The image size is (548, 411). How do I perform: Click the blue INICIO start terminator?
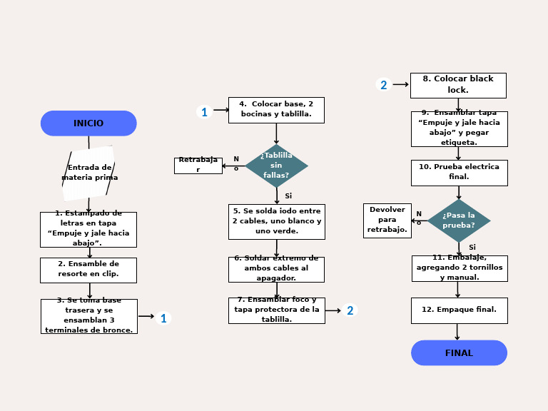click(x=88, y=123)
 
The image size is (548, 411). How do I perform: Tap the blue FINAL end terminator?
click(x=459, y=352)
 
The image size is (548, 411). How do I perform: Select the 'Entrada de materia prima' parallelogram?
click(x=88, y=173)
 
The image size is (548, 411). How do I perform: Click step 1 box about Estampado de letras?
click(x=88, y=229)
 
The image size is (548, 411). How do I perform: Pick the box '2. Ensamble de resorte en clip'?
click(x=88, y=270)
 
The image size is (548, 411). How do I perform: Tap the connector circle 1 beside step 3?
click(x=163, y=318)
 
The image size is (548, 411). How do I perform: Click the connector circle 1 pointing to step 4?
click(x=204, y=112)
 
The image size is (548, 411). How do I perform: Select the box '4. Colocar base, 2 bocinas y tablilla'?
click(x=276, y=110)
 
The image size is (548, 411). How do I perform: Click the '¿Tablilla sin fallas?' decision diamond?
click(x=276, y=166)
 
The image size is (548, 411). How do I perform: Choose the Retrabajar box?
click(x=198, y=166)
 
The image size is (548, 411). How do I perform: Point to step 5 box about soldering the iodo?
click(x=277, y=221)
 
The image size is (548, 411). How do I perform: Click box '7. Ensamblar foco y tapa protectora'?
click(x=276, y=310)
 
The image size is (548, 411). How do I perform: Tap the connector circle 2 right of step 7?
click(x=350, y=310)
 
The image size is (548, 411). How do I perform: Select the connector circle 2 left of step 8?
click(x=384, y=85)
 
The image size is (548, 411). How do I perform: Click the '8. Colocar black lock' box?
click(x=458, y=85)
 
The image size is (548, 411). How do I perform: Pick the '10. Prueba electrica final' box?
click(x=459, y=173)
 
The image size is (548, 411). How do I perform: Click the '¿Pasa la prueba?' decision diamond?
click(x=458, y=220)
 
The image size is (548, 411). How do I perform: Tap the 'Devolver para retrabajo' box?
click(x=387, y=220)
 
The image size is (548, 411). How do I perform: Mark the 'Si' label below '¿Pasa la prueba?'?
click(x=472, y=247)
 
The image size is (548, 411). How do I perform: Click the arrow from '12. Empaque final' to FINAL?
click(x=457, y=332)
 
